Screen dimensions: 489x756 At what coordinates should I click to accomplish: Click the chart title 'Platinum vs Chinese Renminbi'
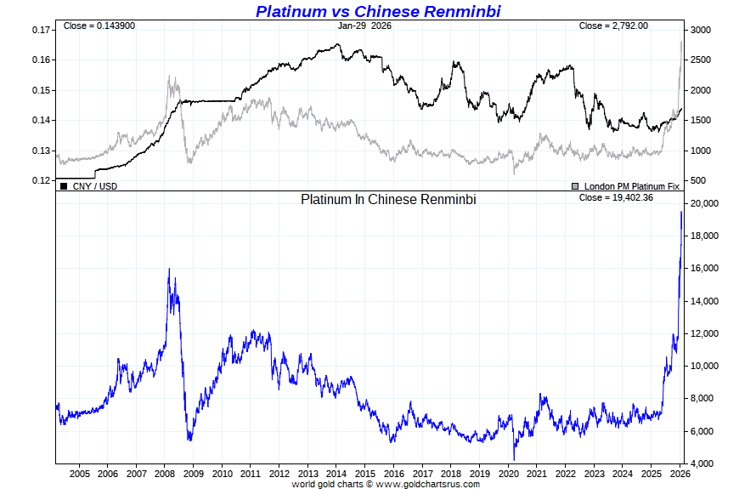pyautogui.click(x=378, y=11)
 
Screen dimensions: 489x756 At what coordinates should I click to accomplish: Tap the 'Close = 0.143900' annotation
pyautogui.click(x=99, y=26)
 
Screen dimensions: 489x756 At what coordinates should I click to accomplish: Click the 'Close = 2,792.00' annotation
pyautogui.click(x=613, y=26)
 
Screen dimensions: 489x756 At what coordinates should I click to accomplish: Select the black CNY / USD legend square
pyautogui.click(x=64, y=185)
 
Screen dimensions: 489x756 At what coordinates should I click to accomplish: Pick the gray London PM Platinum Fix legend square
pyautogui.click(x=575, y=185)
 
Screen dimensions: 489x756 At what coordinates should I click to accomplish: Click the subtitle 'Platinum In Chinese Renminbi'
pyautogui.click(x=388, y=199)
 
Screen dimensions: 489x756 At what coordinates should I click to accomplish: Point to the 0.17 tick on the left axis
pyautogui.click(x=40, y=30)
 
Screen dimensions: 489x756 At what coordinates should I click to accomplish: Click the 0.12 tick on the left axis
pyautogui.click(x=40, y=180)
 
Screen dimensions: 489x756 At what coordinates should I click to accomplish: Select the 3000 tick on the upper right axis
pyautogui.click(x=700, y=30)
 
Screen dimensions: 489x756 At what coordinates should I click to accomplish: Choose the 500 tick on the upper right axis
pyautogui.click(x=697, y=180)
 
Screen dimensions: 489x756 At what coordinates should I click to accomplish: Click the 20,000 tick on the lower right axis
pyautogui.click(x=706, y=204)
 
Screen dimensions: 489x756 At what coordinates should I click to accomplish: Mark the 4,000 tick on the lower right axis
pyautogui.click(x=703, y=463)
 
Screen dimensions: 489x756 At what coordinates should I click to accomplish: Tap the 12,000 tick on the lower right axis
pyautogui.click(x=706, y=334)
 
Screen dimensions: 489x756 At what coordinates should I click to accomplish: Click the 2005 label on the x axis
pyautogui.click(x=79, y=474)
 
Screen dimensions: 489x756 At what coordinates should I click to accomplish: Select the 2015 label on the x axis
pyautogui.click(x=365, y=474)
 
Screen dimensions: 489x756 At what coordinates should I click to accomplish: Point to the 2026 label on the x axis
pyautogui.click(x=680, y=474)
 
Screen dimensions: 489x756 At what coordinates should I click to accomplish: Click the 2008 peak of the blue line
pyautogui.click(x=169, y=269)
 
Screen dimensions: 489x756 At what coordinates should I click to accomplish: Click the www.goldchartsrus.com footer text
pyautogui.click(x=427, y=484)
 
